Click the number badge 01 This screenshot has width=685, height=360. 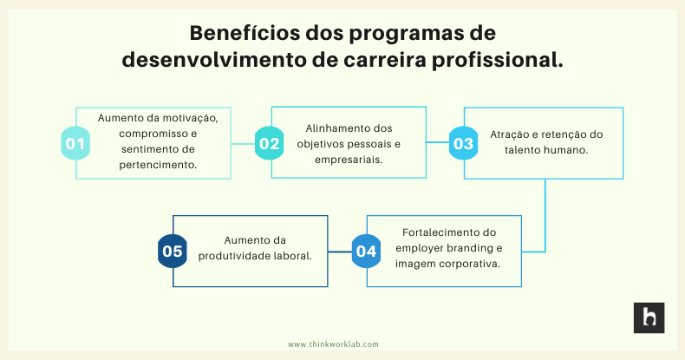click(x=75, y=143)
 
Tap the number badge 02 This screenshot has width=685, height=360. click(x=270, y=143)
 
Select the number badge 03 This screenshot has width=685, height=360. click(x=463, y=143)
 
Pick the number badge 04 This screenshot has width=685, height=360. click(x=367, y=252)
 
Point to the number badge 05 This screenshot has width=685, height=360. click(x=173, y=252)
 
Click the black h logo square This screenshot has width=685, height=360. click(x=648, y=317)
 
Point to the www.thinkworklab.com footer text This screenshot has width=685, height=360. click(x=334, y=344)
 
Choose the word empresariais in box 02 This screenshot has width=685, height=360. click(x=349, y=159)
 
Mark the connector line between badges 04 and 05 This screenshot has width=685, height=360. click(x=340, y=252)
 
